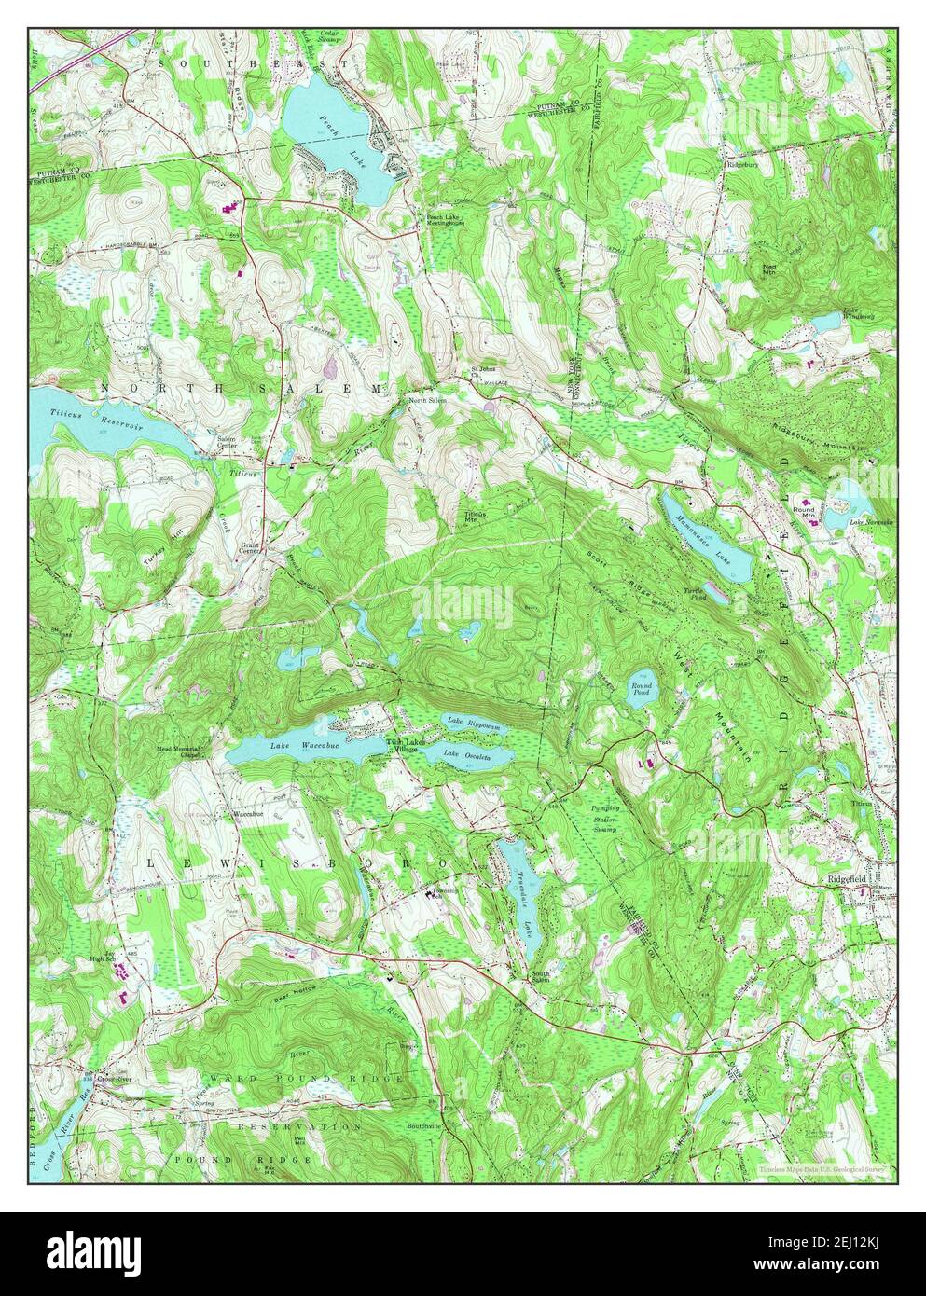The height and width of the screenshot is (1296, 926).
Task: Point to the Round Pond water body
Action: pyautogui.click(x=640, y=689)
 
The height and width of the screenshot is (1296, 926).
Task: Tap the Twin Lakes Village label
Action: pyautogui.click(x=408, y=746)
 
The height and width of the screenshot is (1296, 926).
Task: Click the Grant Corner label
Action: pyautogui.click(x=250, y=547)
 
